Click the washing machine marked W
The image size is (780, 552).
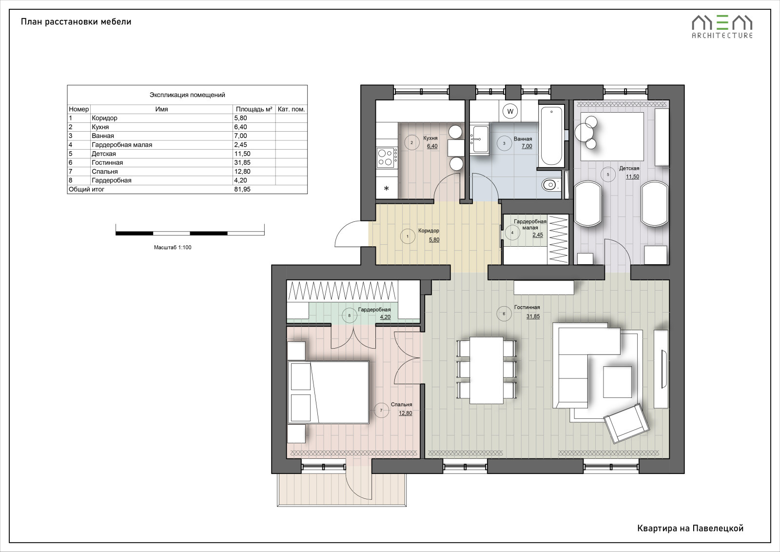pos(510,112)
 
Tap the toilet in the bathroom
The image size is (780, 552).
pos(551,184)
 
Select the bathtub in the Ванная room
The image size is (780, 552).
pos(551,136)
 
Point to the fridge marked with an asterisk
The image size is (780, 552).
pos(387,188)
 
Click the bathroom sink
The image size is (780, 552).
pos(480,139)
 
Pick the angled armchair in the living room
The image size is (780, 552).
pos(626,423)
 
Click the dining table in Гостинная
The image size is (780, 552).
pos(486,370)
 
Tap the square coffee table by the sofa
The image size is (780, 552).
pos(617,382)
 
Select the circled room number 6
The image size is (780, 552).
pos(504,314)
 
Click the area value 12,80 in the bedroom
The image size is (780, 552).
pos(405,413)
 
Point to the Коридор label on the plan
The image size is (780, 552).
pos(429,231)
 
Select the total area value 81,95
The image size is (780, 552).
pos(242,190)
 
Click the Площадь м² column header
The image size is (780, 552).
pos(254,109)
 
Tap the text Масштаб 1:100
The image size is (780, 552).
pos(173,247)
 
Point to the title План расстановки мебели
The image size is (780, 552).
pos(76,21)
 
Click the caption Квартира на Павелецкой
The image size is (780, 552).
pos(690,528)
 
